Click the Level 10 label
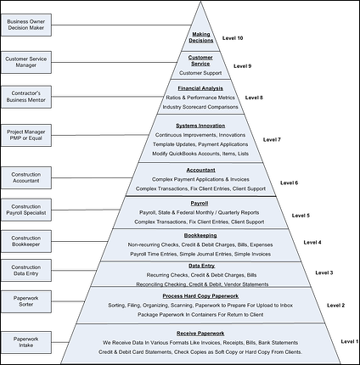click(233, 39)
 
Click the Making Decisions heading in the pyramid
click(200, 37)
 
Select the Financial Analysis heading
click(200, 88)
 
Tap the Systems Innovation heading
click(200, 126)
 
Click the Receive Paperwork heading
click(200, 333)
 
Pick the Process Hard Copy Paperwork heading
click(200, 295)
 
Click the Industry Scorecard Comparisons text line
click(200, 107)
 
